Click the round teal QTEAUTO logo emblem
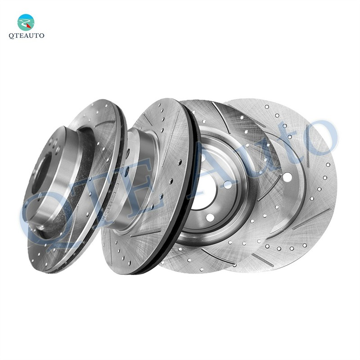(26, 22)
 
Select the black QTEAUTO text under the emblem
(27, 36)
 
